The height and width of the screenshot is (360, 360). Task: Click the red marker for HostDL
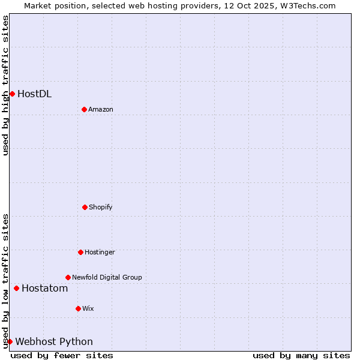point(12,94)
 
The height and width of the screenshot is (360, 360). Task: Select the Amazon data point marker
point(84,109)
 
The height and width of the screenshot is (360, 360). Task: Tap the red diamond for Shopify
point(85,207)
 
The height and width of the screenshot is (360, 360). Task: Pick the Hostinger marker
point(80,252)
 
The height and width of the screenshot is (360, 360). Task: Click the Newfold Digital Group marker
point(68,277)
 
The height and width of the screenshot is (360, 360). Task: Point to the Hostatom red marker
point(16,288)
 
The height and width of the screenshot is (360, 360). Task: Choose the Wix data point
point(78,308)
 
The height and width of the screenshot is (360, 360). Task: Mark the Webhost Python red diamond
point(10,341)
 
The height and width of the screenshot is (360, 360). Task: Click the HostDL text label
point(34,94)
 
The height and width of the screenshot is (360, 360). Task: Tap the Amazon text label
point(101,109)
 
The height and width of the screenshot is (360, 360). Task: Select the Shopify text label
point(101,207)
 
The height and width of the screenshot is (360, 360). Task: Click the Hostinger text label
point(100,252)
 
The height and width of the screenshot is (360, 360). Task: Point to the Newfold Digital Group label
point(107,277)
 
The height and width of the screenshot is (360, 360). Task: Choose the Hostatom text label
point(44,288)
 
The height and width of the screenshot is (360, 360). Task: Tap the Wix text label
point(88,308)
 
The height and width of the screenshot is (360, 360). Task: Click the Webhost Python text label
point(54,341)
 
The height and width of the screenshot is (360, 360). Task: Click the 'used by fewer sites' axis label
point(62,355)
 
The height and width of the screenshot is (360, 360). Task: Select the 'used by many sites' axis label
point(301,355)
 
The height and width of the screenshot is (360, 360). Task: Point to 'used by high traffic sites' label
point(5,85)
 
